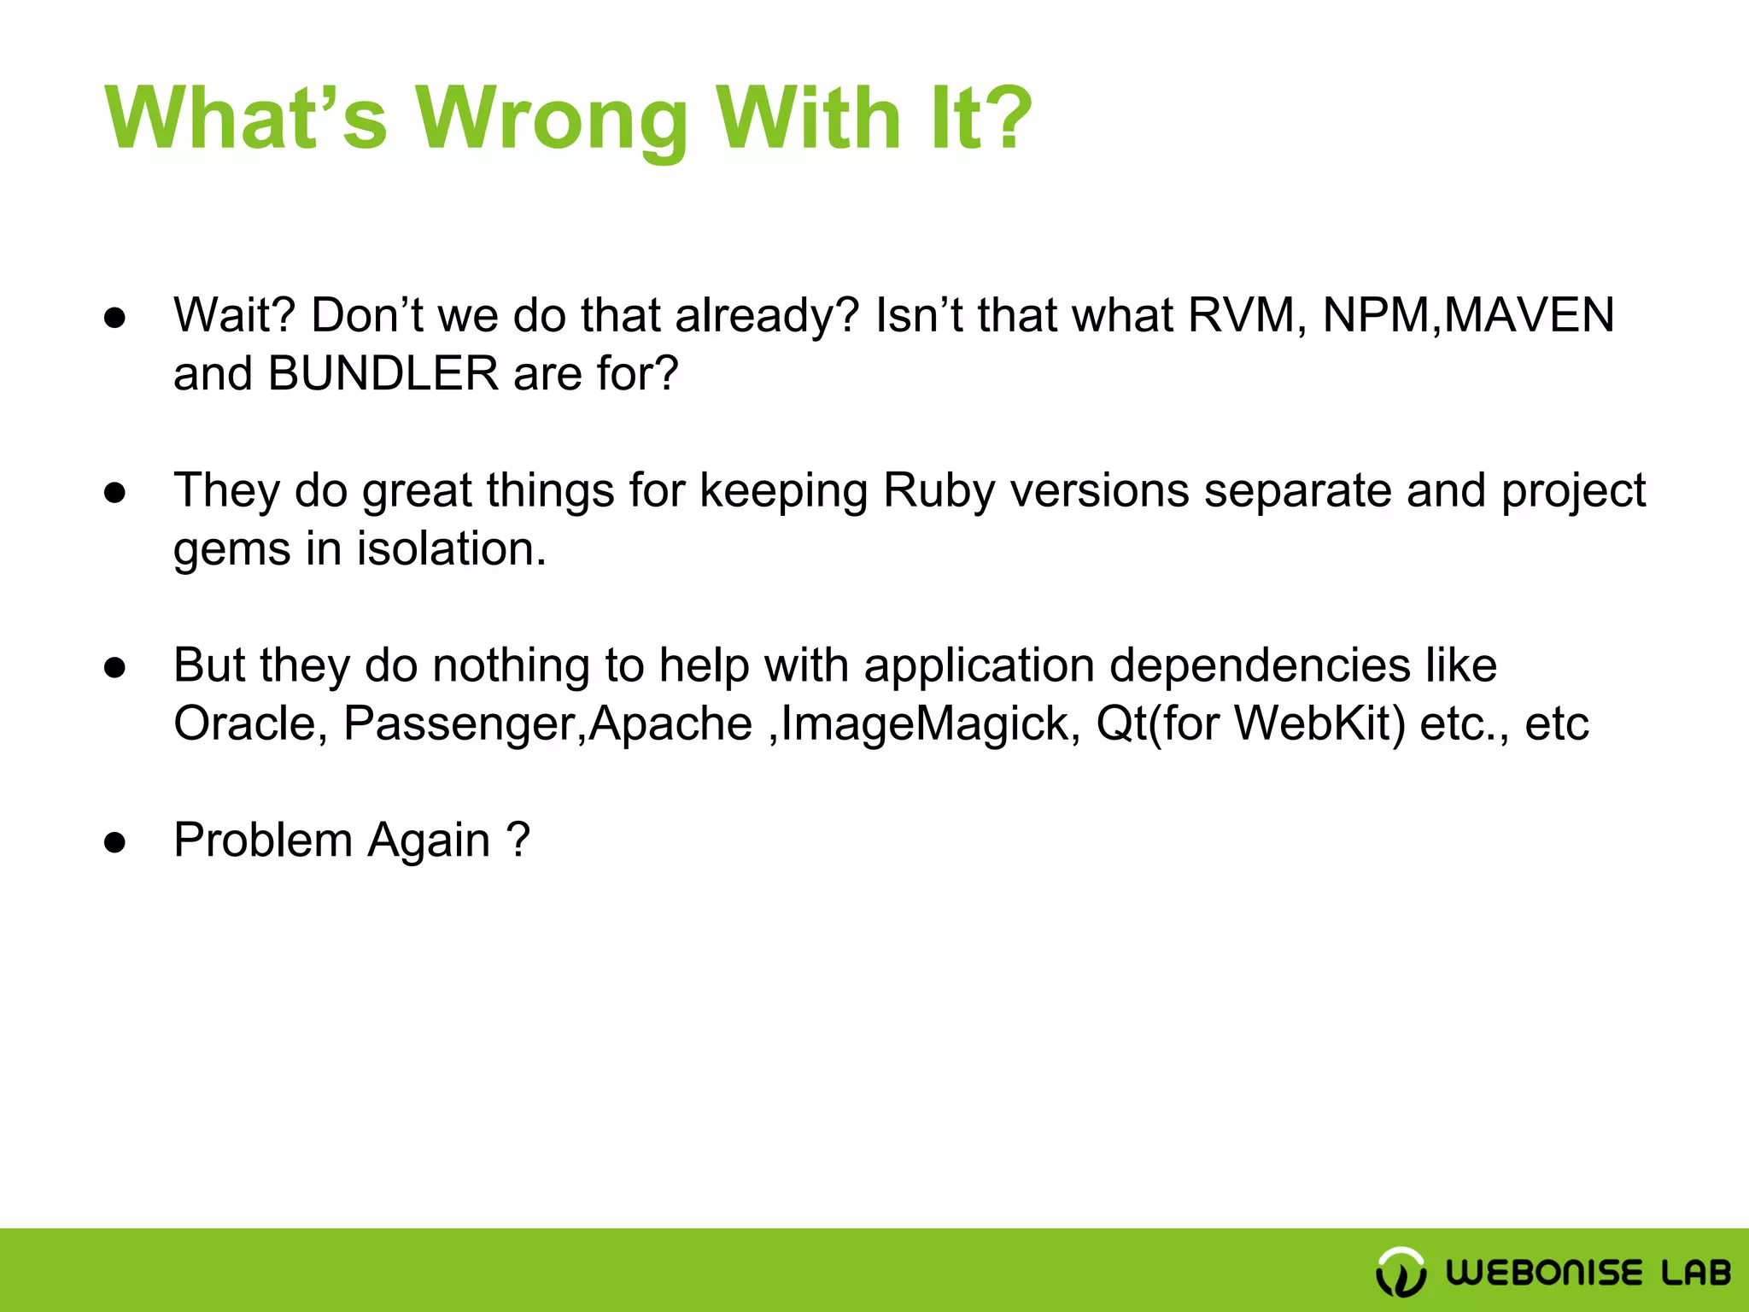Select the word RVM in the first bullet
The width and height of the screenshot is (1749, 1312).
pyautogui.click(x=1246, y=315)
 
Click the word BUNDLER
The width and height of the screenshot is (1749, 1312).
pyautogui.click(x=383, y=374)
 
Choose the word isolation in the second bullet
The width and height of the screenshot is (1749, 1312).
pyautogui.click(x=451, y=548)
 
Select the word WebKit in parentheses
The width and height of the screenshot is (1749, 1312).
pyautogui.click(x=1319, y=723)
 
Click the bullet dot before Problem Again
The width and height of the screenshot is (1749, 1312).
pyautogui.click(x=115, y=842)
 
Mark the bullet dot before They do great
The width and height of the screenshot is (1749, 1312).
pyautogui.click(x=115, y=493)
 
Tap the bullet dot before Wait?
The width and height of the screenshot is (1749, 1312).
pyautogui.click(x=115, y=318)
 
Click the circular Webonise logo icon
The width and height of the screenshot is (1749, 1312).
pyautogui.click(x=1401, y=1272)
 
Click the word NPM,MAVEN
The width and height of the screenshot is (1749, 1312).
pyautogui.click(x=1468, y=315)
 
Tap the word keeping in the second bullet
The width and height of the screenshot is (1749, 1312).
pyautogui.click(x=783, y=492)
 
